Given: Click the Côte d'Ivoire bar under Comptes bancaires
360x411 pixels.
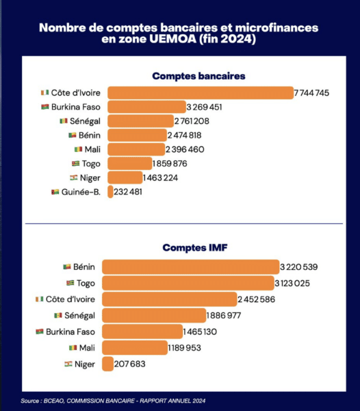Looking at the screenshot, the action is click(201, 92).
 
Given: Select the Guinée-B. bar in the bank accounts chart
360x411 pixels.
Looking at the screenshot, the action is click(110, 192).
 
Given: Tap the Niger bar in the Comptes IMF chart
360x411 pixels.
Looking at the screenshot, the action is click(107, 364).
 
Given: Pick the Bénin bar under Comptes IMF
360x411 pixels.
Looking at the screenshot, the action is click(190, 267).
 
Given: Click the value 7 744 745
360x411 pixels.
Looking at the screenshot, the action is click(311, 92).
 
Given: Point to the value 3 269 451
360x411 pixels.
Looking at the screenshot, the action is click(204, 107).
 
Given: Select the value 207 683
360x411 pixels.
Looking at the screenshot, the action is click(129, 364).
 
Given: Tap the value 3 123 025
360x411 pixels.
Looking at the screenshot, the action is click(292, 283).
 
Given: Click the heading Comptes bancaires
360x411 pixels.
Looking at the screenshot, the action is click(198, 76).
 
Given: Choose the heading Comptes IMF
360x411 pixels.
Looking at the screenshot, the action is click(195, 248).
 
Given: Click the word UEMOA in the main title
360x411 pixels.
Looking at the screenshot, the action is click(173, 39).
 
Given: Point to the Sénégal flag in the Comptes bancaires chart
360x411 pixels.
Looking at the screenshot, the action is click(64, 121).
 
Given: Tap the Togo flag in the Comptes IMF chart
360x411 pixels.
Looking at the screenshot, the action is click(70, 283).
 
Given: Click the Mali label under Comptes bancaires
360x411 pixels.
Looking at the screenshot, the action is click(92, 149).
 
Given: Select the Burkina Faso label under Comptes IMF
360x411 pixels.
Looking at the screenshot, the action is click(70, 332).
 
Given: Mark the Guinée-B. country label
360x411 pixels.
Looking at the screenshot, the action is click(81, 192).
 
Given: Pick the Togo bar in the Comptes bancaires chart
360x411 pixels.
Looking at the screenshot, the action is click(129, 164).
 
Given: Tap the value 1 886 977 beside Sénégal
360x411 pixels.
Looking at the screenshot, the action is click(224, 315).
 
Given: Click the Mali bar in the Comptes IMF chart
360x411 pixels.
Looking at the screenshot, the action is click(135, 348).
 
